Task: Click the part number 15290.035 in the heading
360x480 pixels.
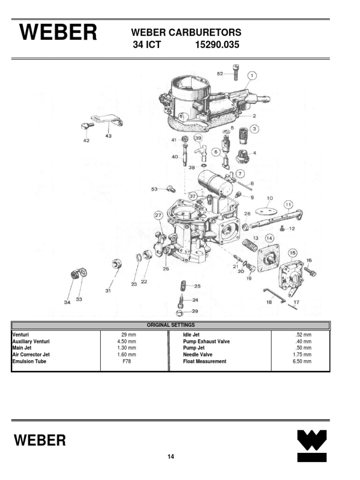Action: [216, 45]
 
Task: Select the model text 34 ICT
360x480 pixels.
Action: [147, 45]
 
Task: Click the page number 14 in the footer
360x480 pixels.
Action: [171, 457]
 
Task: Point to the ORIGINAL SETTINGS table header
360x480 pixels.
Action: [171, 325]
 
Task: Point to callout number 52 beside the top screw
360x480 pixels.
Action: [220, 73]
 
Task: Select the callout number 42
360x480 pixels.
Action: [86, 140]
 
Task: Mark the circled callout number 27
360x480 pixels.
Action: [158, 216]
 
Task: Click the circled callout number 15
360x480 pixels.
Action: [292, 254]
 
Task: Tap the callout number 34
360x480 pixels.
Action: [67, 302]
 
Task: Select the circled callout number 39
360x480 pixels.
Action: [198, 138]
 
